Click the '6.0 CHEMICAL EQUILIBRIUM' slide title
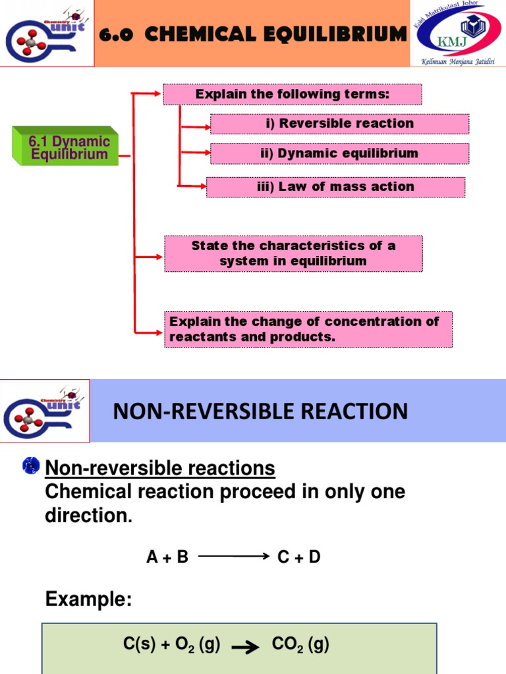252,34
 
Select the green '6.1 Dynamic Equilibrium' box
65,147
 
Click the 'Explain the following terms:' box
293,94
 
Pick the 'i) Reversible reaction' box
339,124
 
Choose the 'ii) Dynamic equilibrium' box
339,153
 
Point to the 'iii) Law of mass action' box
335,187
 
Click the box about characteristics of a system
293,253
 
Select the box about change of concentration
308,330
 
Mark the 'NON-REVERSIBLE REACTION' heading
260,412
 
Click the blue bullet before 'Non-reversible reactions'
31,465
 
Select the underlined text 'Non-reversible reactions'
159,469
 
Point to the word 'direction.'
88,516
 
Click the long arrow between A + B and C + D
233,557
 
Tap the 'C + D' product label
298,557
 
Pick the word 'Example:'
88,600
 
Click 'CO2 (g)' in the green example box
300,645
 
